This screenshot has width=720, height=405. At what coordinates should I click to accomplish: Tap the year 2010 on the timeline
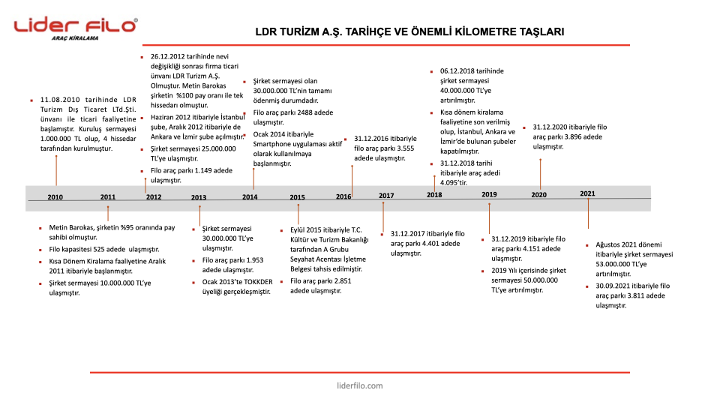55,197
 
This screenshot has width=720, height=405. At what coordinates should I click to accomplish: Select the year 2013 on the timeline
199,198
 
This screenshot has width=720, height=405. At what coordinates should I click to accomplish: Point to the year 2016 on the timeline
343,196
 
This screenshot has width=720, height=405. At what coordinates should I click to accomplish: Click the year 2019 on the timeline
489,194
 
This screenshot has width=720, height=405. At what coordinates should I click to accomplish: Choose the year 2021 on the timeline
587,193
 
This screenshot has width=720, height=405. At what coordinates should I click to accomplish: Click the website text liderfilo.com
360,385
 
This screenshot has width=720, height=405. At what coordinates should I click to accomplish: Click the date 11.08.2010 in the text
60,99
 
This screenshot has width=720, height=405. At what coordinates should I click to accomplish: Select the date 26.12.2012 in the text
169,56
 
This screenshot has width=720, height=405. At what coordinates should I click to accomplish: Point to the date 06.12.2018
459,70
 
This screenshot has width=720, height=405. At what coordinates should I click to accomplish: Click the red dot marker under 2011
108,213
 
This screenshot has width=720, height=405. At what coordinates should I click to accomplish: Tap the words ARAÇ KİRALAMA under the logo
75,37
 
